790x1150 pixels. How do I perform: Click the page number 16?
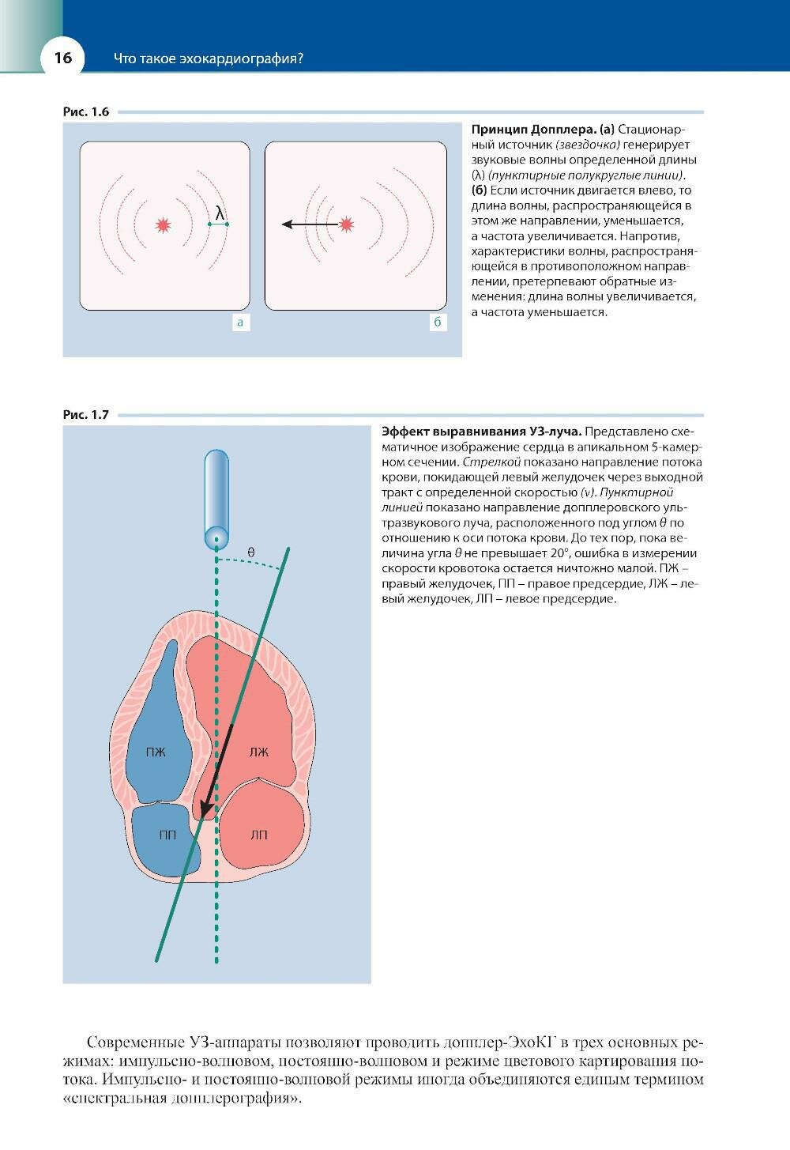tap(62, 58)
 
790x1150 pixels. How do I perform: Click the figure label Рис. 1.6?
tap(85, 111)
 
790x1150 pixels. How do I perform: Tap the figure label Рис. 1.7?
tap(85, 414)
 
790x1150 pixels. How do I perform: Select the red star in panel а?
tap(164, 225)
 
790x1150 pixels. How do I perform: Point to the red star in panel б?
tap(346, 224)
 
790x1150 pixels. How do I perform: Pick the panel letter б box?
tap(437, 322)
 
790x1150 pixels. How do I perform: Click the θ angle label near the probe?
tap(251, 552)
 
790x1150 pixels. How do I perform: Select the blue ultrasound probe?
tap(216, 498)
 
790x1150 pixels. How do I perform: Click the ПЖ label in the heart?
tap(156, 752)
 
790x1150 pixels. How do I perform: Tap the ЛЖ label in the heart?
tap(259, 752)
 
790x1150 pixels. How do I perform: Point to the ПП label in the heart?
tap(167, 835)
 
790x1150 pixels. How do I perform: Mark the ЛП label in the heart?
tap(259, 835)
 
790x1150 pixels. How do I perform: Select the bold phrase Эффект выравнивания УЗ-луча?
tap(482, 432)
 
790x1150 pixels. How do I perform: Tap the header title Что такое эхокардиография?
tap(209, 58)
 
